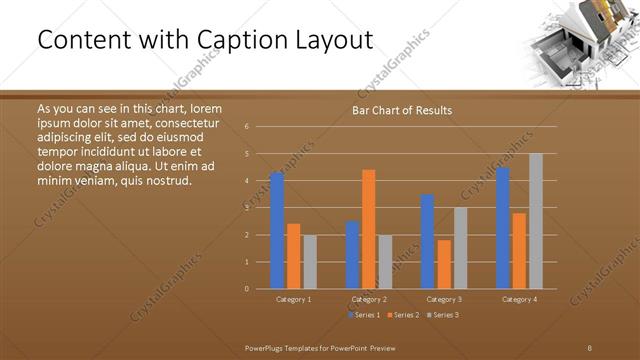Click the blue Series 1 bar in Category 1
coord(277,230)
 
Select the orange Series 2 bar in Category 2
coord(369,229)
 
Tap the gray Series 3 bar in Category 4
coord(536,221)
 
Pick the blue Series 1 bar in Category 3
coord(428,241)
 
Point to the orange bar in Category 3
coord(444,264)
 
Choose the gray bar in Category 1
coord(310,262)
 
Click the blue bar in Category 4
coord(503,227)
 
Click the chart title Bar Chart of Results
coord(401,110)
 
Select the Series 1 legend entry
coord(363,315)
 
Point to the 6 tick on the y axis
coord(247,127)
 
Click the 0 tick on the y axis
coord(247,289)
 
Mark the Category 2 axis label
coord(369,299)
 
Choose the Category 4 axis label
coord(519,299)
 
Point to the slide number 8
coord(590,347)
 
